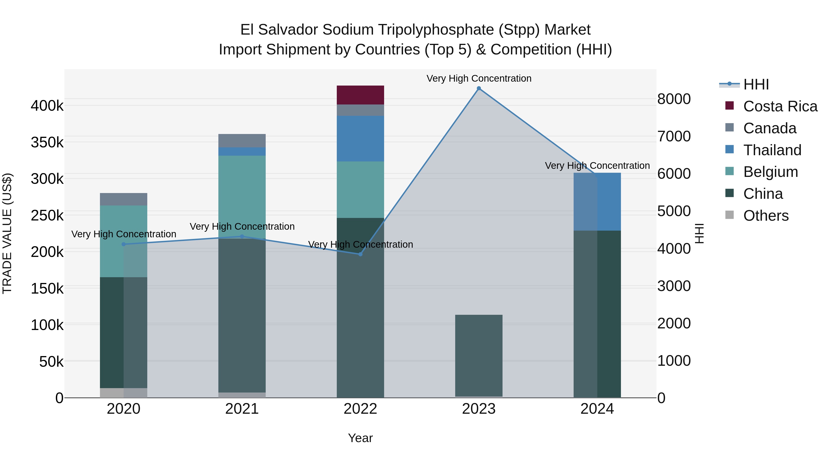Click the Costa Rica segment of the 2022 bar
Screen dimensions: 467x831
(360, 95)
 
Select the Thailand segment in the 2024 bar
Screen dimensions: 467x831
(597, 202)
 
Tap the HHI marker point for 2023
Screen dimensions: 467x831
(479, 88)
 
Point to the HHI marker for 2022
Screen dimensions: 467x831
(360, 254)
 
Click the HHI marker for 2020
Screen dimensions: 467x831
(123, 244)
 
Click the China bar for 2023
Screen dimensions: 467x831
(479, 355)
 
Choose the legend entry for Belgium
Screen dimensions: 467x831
(770, 172)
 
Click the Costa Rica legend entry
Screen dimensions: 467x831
(780, 106)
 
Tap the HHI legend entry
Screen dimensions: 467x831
(756, 84)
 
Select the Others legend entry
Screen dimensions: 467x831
(765, 216)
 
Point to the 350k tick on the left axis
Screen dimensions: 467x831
(47, 142)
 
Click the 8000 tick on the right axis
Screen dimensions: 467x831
(674, 99)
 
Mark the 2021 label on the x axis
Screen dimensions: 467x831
(242, 409)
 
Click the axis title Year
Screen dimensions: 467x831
(360, 438)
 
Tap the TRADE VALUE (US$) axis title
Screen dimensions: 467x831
(7, 233)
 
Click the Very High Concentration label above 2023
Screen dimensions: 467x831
(479, 78)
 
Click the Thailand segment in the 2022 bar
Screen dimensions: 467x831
(360, 139)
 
